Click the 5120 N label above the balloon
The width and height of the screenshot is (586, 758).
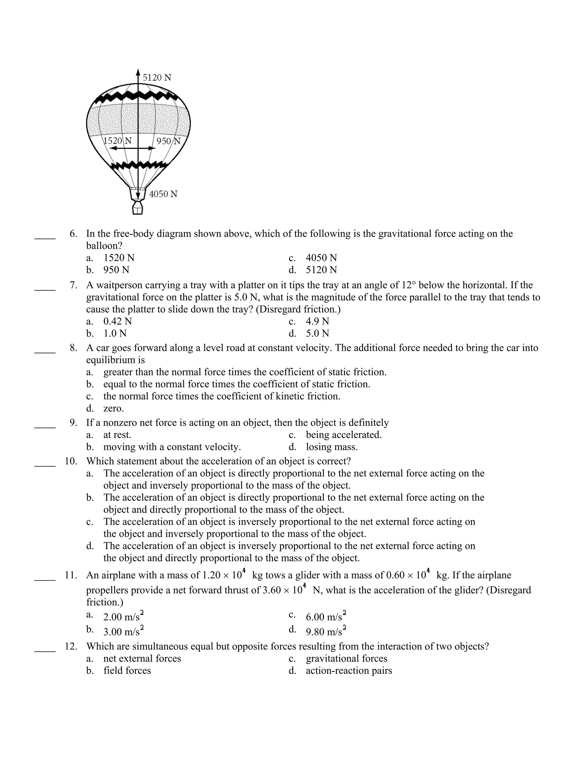[157, 78]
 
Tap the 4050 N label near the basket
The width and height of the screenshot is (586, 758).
[163, 194]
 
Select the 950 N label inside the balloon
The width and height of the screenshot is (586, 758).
[168, 141]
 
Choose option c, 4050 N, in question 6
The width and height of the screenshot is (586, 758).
[321, 258]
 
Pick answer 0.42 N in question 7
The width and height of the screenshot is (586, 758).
[117, 322]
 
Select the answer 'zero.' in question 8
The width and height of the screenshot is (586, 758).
[114, 408]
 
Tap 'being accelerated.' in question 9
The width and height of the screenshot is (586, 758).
[343, 435]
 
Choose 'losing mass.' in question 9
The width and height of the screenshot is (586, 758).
[332, 447]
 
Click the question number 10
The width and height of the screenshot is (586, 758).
[71, 461]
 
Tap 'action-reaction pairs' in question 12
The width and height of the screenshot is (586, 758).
[349, 670]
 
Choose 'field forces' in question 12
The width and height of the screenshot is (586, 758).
[127, 670]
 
